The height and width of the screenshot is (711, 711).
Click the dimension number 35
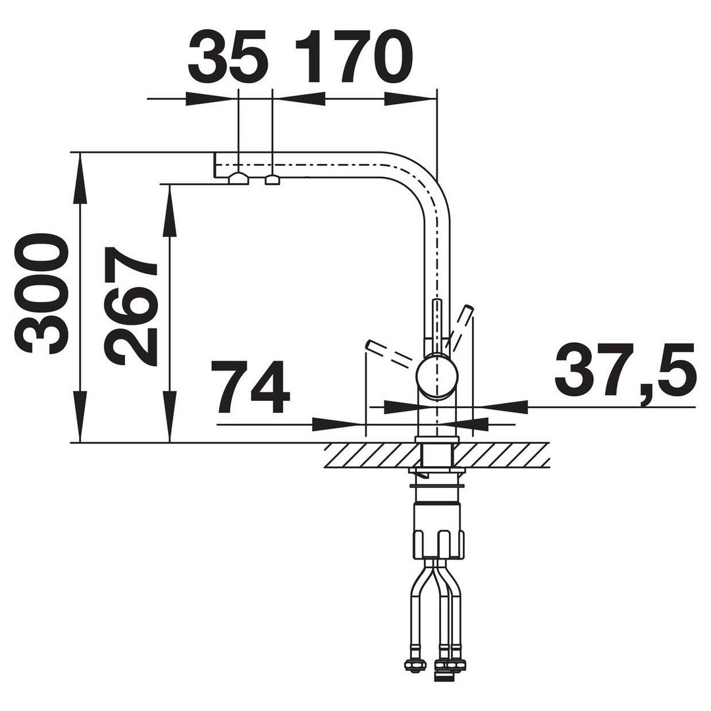tap(226, 57)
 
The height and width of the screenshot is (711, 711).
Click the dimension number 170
tap(354, 57)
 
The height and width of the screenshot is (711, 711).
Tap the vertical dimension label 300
tap(43, 295)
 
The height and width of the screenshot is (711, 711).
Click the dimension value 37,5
tap(625, 369)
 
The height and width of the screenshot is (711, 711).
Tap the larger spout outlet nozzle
tap(238, 178)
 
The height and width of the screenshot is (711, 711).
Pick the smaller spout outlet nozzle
tap(273, 180)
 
